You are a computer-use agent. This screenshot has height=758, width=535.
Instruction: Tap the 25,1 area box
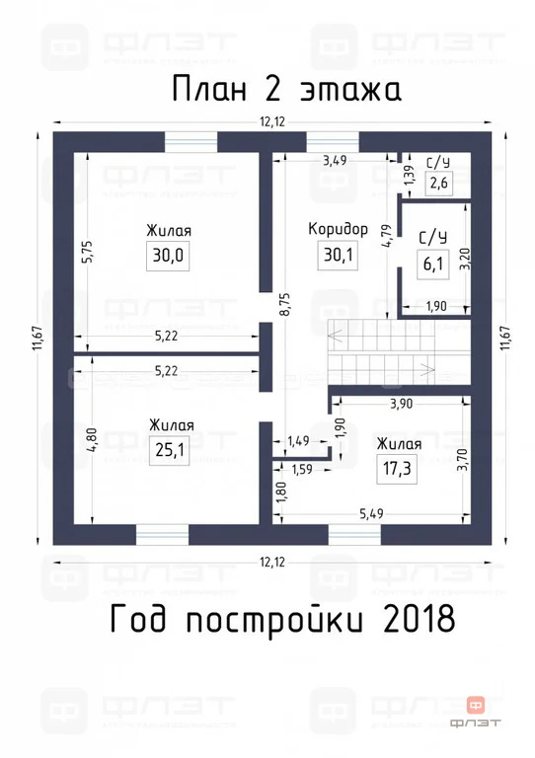170,450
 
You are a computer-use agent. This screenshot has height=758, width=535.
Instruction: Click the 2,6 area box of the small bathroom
438,184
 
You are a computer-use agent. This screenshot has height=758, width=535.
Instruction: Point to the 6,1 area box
431,265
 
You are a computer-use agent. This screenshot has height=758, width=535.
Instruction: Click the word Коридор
338,229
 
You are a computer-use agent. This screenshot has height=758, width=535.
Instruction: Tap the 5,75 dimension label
87,251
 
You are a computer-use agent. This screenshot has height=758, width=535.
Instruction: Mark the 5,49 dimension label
370,514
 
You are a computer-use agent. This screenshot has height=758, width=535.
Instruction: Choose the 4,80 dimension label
87,438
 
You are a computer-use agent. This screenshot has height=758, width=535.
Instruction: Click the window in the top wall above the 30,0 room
191,141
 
